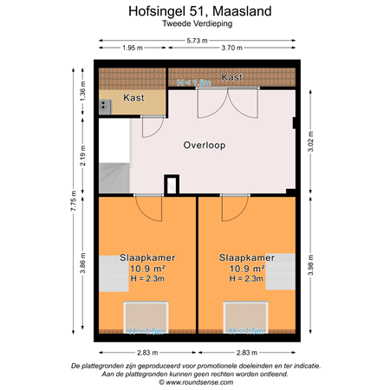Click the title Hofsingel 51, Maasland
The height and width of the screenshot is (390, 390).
click(196, 12)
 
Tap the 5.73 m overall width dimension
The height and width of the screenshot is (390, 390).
click(196, 40)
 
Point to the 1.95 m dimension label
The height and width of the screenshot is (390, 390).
click(132, 49)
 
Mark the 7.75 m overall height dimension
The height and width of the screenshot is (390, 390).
click(74, 200)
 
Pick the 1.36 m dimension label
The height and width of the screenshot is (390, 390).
click(83, 91)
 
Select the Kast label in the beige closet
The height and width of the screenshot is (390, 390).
click(133, 97)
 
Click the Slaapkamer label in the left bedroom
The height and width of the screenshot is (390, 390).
click(147, 257)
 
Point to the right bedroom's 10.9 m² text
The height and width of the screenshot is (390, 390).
click(247, 269)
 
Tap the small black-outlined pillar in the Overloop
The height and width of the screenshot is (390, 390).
click(172, 185)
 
